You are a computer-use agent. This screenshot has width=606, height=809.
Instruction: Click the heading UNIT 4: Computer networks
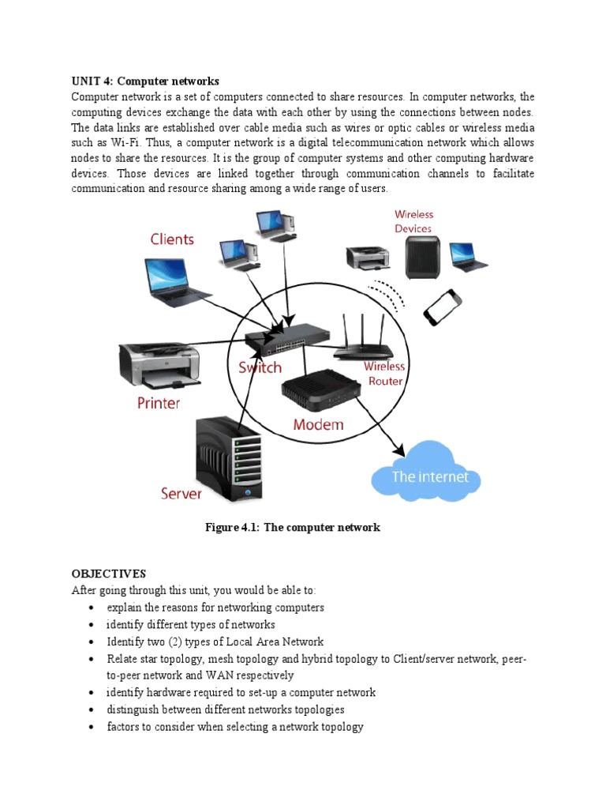(x=145, y=81)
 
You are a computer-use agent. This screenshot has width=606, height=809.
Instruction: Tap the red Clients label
(x=172, y=239)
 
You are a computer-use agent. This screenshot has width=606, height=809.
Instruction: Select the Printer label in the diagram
(x=159, y=403)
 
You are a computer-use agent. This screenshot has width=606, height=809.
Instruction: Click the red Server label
(x=181, y=494)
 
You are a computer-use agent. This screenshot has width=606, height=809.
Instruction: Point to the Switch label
(x=260, y=368)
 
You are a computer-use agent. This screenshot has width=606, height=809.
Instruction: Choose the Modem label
(x=318, y=424)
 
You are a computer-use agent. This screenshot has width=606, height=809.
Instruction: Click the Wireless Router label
(x=383, y=374)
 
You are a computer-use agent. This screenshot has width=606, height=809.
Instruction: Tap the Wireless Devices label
(x=413, y=221)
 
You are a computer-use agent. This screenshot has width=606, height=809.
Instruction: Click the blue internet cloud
(x=430, y=473)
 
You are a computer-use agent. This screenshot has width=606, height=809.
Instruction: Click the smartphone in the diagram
(x=443, y=307)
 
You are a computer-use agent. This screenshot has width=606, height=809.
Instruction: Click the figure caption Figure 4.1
(x=292, y=527)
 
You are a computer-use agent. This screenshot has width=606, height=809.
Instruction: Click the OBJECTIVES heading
(x=109, y=574)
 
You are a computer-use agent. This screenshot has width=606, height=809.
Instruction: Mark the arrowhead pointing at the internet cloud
(x=399, y=453)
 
